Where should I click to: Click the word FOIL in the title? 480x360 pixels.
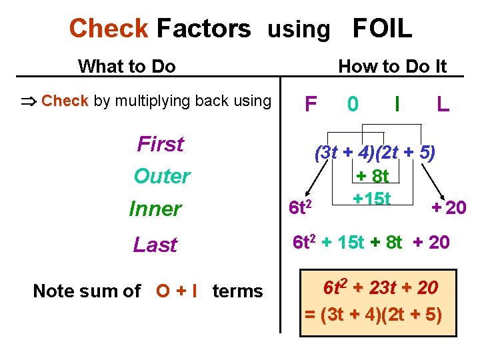click(x=382, y=29)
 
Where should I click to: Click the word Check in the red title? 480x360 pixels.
click(x=109, y=29)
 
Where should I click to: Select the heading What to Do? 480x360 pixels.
click(x=127, y=66)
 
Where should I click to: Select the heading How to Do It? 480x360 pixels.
click(x=392, y=66)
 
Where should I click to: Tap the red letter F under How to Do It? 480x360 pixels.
click(x=310, y=104)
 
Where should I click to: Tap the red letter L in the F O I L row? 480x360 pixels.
click(x=442, y=104)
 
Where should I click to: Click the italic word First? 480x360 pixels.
click(x=160, y=144)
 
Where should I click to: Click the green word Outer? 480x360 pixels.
click(x=161, y=177)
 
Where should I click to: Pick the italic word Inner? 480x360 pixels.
click(x=155, y=209)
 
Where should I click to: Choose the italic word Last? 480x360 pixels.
click(x=155, y=245)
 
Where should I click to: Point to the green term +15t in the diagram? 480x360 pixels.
click(x=372, y=199)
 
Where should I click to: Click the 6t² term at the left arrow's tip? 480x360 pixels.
click(x=301, y=209)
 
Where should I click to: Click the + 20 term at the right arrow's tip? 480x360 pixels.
click(x=448, y=208)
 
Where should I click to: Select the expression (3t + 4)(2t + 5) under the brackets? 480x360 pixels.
click(x=375, y=153)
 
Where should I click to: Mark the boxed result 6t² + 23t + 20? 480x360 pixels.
click(x=380, y=288)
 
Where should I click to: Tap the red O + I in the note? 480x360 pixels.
click(x=177, y=291)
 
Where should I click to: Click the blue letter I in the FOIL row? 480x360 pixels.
click(x=397, y=104)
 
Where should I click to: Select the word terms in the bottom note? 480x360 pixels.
click(x=237, y=291)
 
